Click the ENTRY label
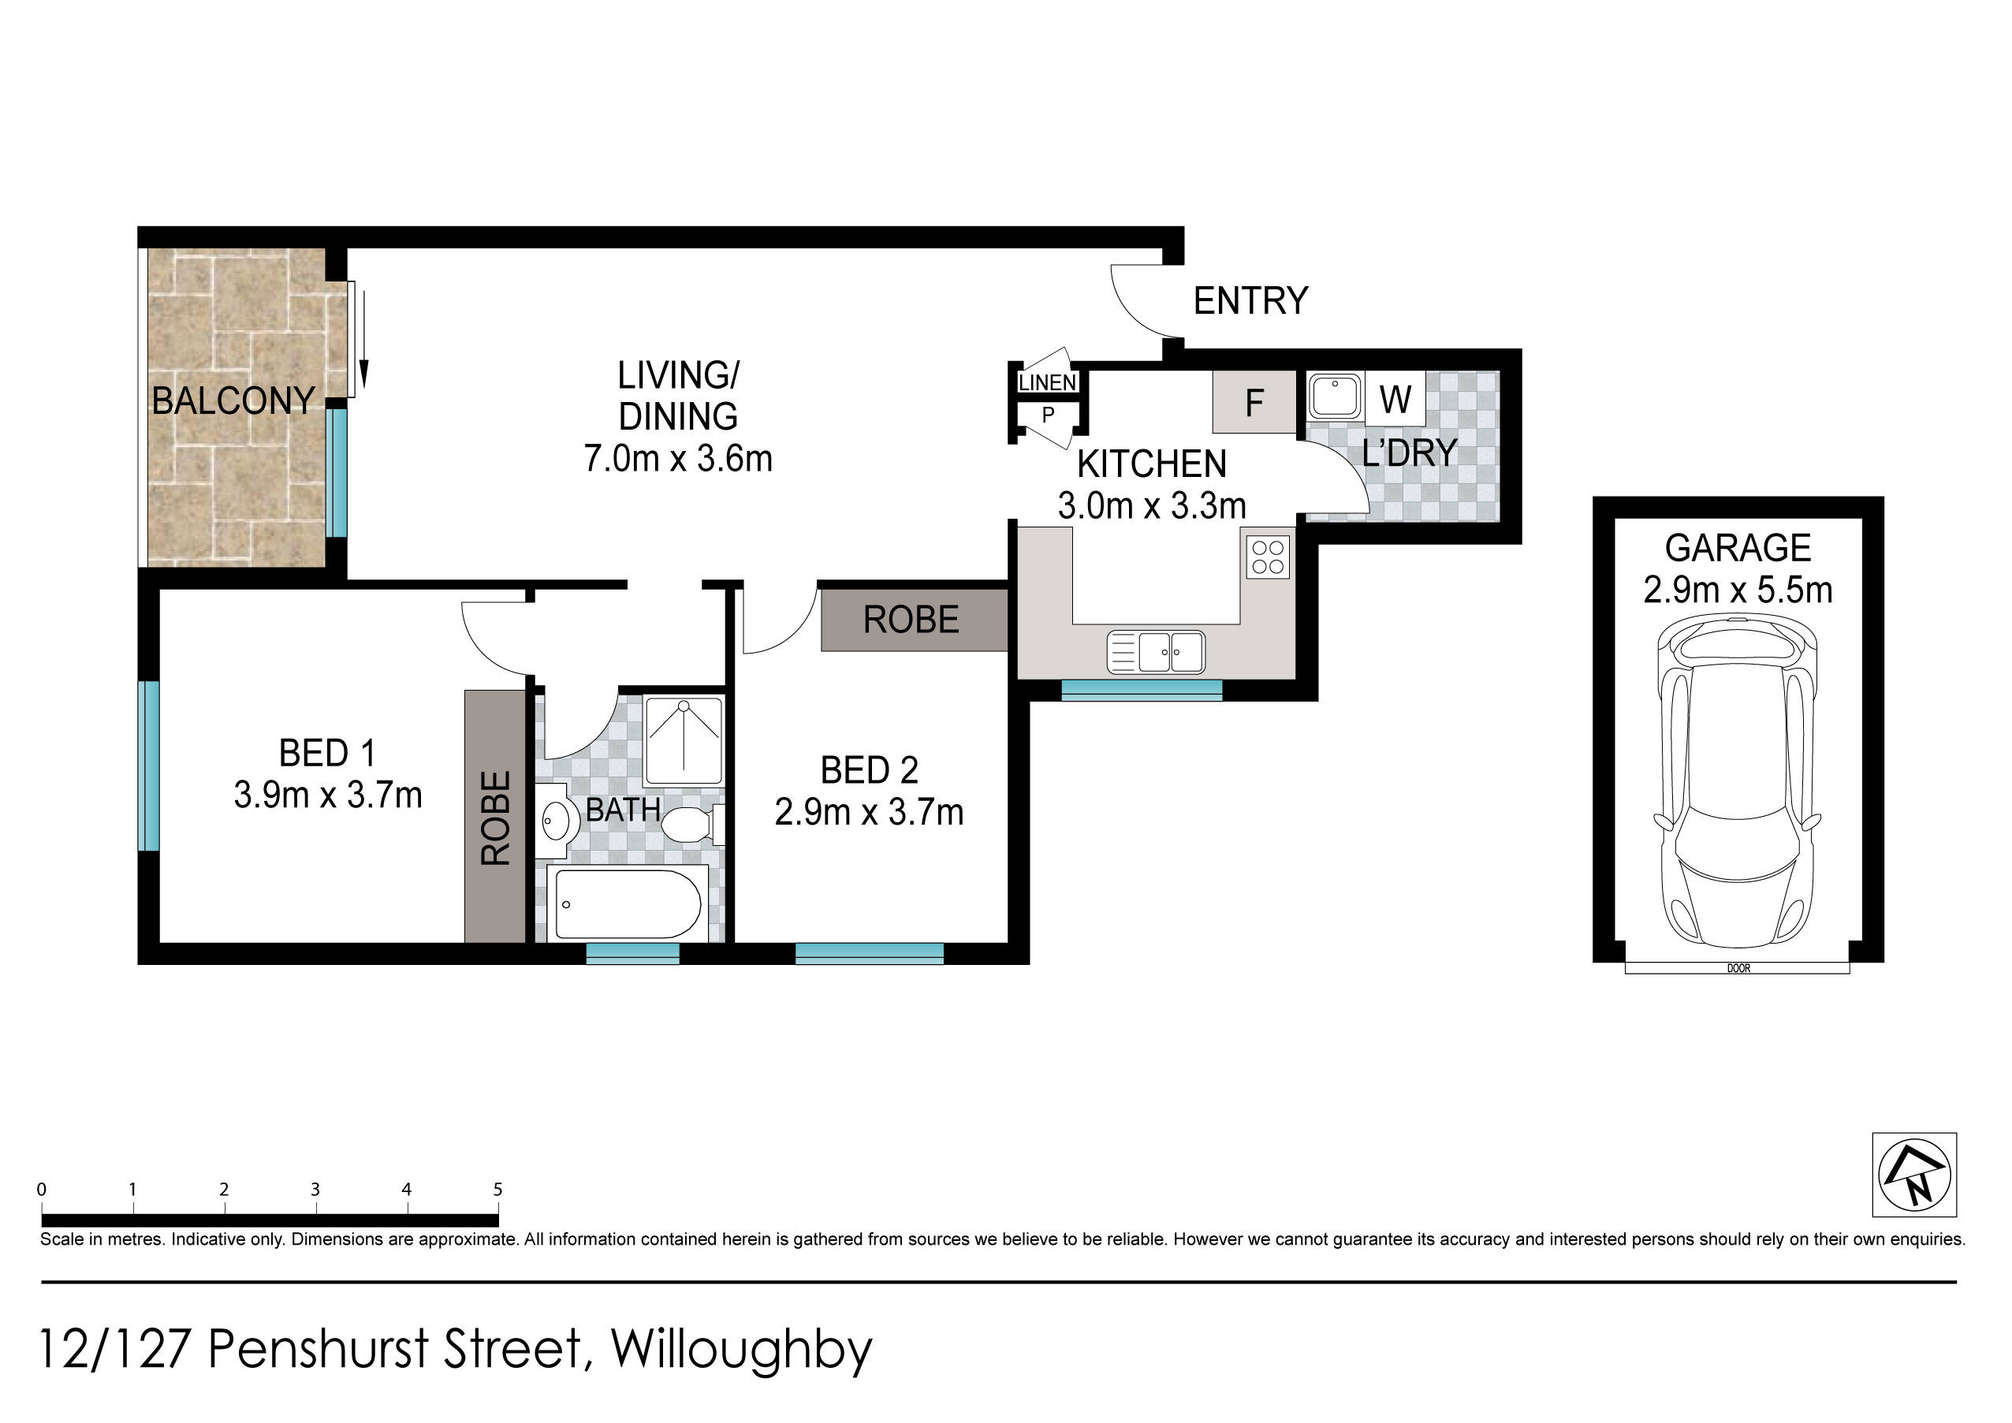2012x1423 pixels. coord(1250,300)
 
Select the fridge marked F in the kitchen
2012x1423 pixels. coord(1254,401)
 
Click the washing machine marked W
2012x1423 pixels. coord(1395,399)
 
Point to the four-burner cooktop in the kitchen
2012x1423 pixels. coord(1268,557)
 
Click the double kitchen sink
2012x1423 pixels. coord(1156,652)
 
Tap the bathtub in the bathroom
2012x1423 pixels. coord(628,903)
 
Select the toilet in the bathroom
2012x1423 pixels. coord(692,825)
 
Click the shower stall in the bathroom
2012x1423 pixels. coord(683,740)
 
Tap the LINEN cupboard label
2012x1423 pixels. coord(1047,383)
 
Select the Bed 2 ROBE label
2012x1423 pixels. coord(911,620)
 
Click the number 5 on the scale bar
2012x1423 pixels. coord(497,1189)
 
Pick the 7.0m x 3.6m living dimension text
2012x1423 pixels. coord(678,458)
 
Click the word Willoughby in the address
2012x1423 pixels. coord(741,1350)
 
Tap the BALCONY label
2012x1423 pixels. coord(233,400)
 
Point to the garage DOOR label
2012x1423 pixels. coord(1738,968)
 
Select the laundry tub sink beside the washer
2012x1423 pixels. coord(1335,396)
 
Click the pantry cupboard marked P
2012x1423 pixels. coord(1048,415)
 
